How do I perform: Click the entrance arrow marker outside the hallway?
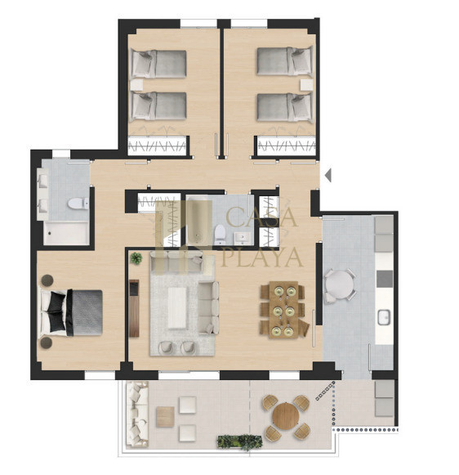tap(328, 175)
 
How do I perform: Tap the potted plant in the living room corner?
tap(136, 258)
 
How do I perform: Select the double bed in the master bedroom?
tap(71, 312)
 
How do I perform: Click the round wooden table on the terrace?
tap(286, 415)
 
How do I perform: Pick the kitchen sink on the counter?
tap(384, 317)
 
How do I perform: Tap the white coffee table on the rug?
tap(177, 307)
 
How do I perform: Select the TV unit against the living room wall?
tap(134, 308)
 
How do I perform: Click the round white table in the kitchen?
tap(340, 285)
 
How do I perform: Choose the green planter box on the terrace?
tap(239, 441)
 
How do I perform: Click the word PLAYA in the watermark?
tap(262, 258)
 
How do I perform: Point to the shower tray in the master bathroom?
tap(66, 233)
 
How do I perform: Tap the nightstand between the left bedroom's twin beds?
tap(136, 85)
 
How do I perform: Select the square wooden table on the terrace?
tap(165, 416)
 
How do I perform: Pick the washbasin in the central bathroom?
tap(243, 238)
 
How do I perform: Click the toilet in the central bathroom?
tap(220, 235)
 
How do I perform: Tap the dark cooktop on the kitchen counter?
tap(385, 279)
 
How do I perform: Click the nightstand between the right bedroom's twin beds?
tap(306, 85)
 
